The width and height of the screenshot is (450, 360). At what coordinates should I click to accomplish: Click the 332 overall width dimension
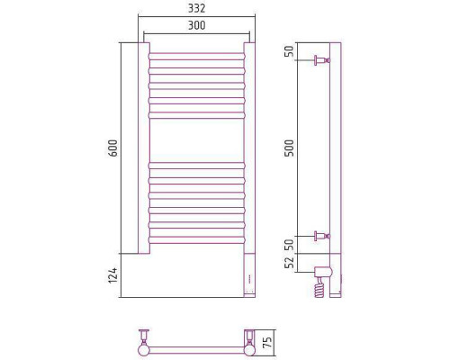[x=196, y=8]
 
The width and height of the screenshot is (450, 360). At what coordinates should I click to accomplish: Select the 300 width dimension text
[x=196, y=25]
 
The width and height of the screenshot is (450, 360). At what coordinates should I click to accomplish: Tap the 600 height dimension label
[x=112, y=148]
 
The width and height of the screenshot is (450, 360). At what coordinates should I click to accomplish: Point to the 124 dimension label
[x=112, y=275]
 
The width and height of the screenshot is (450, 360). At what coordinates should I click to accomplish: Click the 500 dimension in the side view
[x=290, y=148]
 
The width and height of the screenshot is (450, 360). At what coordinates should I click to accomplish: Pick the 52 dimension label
[x=290, y=263]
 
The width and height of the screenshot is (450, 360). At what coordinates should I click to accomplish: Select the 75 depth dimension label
[x=267, y=342]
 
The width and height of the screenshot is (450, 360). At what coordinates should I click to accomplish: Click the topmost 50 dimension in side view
[x=290, y=51]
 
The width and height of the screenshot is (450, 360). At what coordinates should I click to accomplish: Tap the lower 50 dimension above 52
[x=290, y=245]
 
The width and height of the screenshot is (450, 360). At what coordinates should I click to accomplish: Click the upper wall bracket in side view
[x=321, y=60]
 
